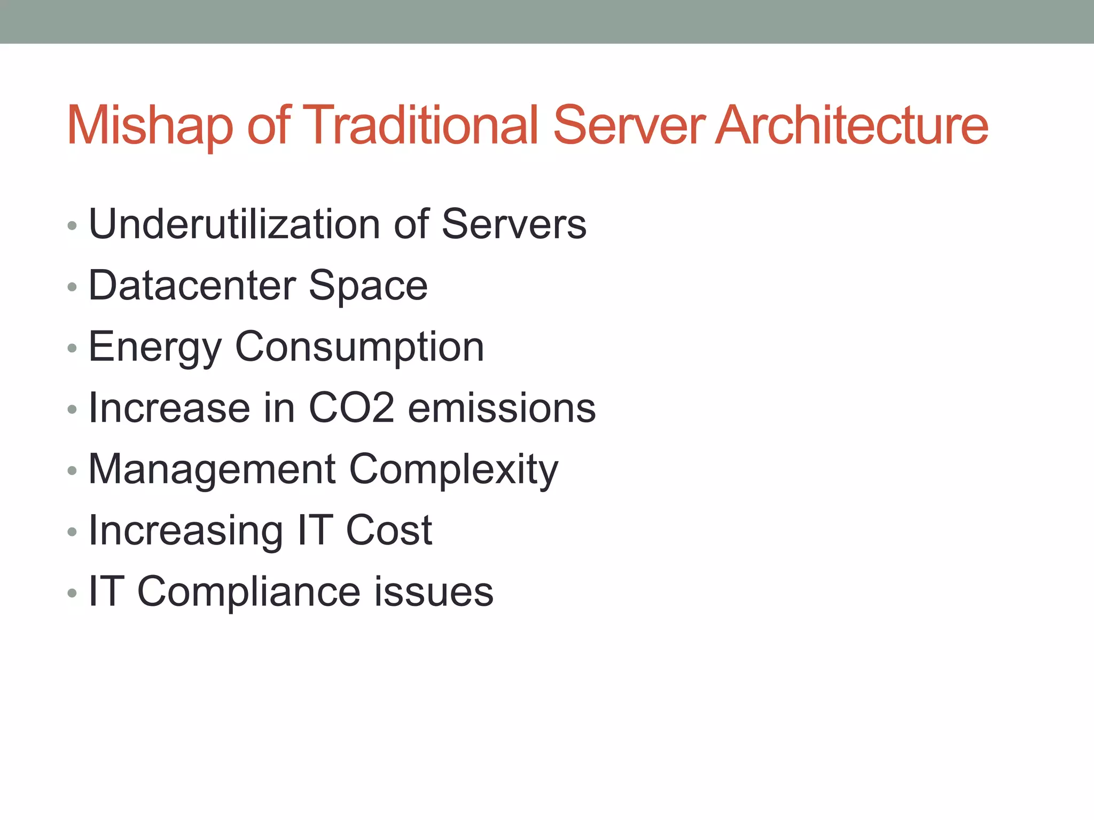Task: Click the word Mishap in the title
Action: (x=150, y=126)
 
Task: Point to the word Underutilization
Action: (x=235, y=224)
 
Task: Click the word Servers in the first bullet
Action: (x=514, y=224)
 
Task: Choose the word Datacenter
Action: (x=192, y=286)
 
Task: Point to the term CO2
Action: (x=352, y=408)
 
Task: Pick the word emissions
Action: (x=502, y=408)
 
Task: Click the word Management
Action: (x=212, y=470)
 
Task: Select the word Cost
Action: (x=389, y=531)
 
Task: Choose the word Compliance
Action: (x=249, y=592)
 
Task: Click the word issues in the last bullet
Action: (x=434, y=592)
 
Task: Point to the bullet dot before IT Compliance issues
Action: (x=73, y=593)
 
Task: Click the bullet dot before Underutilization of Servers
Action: (x=73, y=226)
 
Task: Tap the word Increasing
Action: (x=185, y=532)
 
